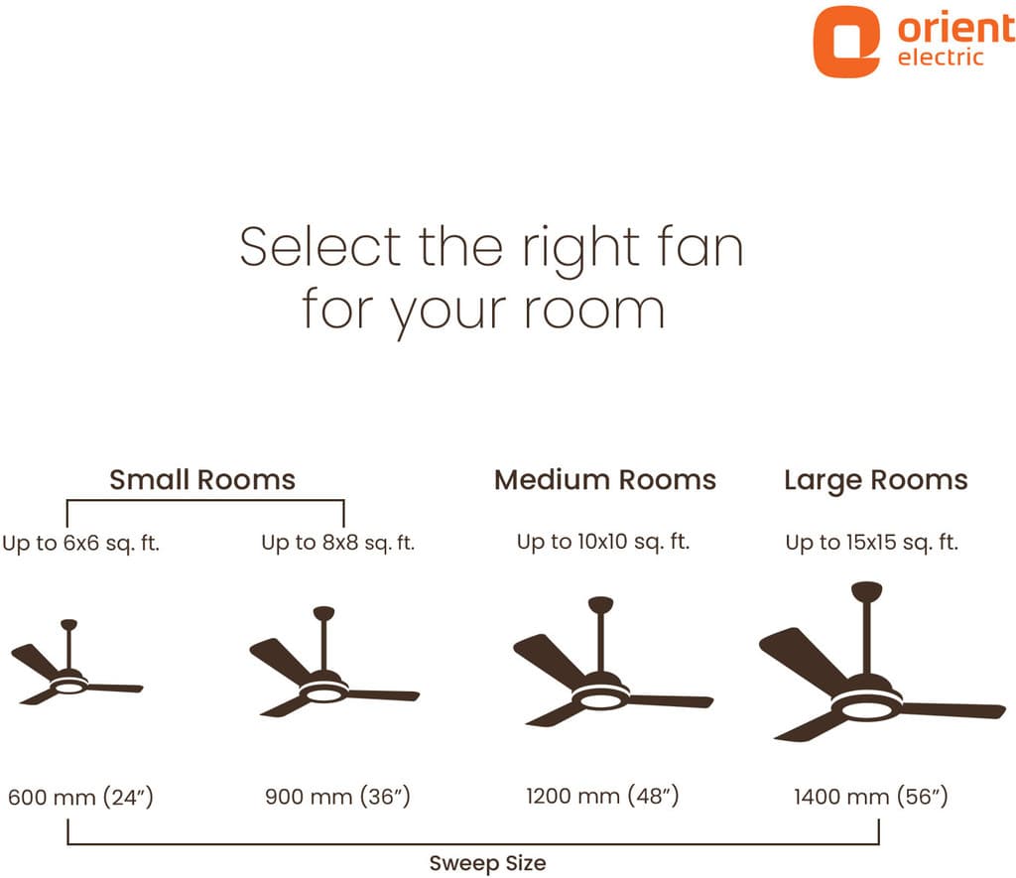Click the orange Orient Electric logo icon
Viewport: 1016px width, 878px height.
[x=845, y=42]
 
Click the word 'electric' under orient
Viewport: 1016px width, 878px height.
[x=941, y=58]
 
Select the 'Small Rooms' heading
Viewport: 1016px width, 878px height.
[x=202, y=480]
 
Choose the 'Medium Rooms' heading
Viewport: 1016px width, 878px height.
[x=605, y=480]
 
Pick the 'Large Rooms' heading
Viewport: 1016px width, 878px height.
[x=875, y=480]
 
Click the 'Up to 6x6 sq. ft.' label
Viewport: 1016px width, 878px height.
[x=81, y=543]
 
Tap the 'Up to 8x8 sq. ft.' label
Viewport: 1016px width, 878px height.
[x=337, y=543]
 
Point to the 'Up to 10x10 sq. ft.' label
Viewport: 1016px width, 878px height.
[x=603, y=542]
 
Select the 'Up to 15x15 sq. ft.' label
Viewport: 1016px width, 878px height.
[x=872, y=543]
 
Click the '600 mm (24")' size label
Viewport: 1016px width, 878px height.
[x=80, y=797]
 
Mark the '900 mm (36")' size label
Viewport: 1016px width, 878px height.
[x=337, y=797]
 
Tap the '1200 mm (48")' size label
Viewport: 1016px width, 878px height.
[x=602, y=797]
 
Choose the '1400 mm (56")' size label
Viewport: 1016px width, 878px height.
[x=871, y=797]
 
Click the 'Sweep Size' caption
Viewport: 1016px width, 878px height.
[x=487, y=862]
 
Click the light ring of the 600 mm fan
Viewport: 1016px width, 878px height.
[x=67, y=686]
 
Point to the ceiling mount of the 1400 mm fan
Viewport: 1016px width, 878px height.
[x=867, y=591]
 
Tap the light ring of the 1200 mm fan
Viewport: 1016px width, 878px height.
[x=600, y=699]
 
